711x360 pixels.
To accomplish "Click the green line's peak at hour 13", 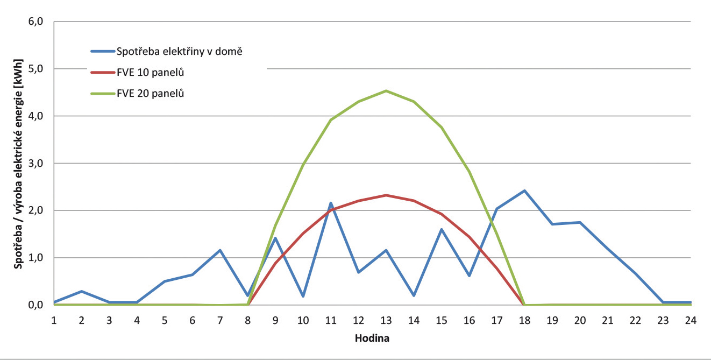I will click(386, 91).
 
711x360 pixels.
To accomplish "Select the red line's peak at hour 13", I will click(386, 195).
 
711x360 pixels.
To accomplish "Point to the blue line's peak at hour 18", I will click(524, 190).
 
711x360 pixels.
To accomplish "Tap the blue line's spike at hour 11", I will click(331, 203).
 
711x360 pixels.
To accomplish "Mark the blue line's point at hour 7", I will click(220, 250).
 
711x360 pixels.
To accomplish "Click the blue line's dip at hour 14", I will click(414, 295).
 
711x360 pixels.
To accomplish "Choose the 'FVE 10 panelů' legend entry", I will click(151, 72).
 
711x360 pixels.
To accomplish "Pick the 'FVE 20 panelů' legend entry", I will click(151, 93).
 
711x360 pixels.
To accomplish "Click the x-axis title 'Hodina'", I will click(372, 340).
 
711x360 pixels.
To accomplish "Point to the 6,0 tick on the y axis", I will click(42, 22).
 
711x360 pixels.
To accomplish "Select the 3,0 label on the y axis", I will click(42, 163).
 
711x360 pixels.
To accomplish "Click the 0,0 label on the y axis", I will click(42, 305).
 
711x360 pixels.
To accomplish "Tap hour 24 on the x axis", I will click(690, 320).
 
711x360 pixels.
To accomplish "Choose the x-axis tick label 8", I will click(248, 320).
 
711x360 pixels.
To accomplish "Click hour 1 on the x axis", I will click(54, 320).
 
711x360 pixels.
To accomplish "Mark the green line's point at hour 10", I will click(303, 164).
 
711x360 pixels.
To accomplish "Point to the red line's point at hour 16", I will click(469, 237).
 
